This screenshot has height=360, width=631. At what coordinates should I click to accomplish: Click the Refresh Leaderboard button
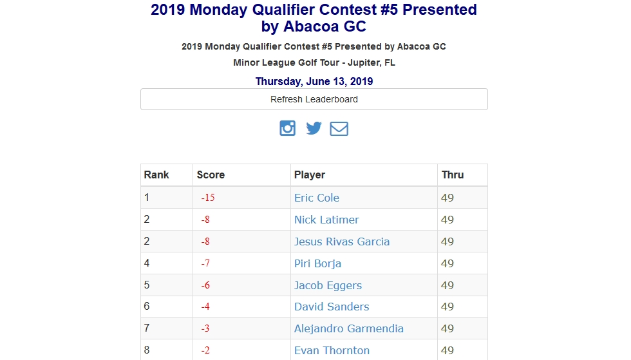pos(314,99)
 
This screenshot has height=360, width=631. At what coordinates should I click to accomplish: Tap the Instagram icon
pos(287,128)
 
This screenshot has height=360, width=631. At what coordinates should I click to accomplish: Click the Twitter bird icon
pos(314,128)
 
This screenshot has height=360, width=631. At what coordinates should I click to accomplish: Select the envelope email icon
pos(339,129)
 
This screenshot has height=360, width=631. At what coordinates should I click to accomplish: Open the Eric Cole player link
pos(316,198)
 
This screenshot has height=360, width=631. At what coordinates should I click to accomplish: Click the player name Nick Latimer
pos(326,220)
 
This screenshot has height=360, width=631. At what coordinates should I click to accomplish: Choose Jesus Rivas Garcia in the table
pos(341,242)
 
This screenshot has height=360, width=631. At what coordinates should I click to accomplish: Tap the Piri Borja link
pos(317,263)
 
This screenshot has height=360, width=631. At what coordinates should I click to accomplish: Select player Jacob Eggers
pos(328,285)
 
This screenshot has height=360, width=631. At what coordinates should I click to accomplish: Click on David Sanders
pos(332,307)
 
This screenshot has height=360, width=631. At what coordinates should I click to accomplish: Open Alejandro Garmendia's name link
pos(348,328)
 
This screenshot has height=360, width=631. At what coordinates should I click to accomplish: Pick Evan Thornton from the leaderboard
pos(332,350)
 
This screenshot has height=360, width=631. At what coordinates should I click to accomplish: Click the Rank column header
pos(156,175)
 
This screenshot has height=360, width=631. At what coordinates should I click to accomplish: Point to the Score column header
pos(211,175)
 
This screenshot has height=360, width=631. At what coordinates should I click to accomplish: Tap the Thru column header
pos(452,175)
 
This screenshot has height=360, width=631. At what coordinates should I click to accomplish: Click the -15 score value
pos(207,198)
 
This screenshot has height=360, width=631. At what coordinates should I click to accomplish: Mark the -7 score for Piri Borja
pos(205,263)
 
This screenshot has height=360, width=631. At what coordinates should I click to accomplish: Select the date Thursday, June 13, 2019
pos(314,81)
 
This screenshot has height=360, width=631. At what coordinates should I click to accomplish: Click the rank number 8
pos(147,350)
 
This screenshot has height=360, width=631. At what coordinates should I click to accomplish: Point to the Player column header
pos(309,175)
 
